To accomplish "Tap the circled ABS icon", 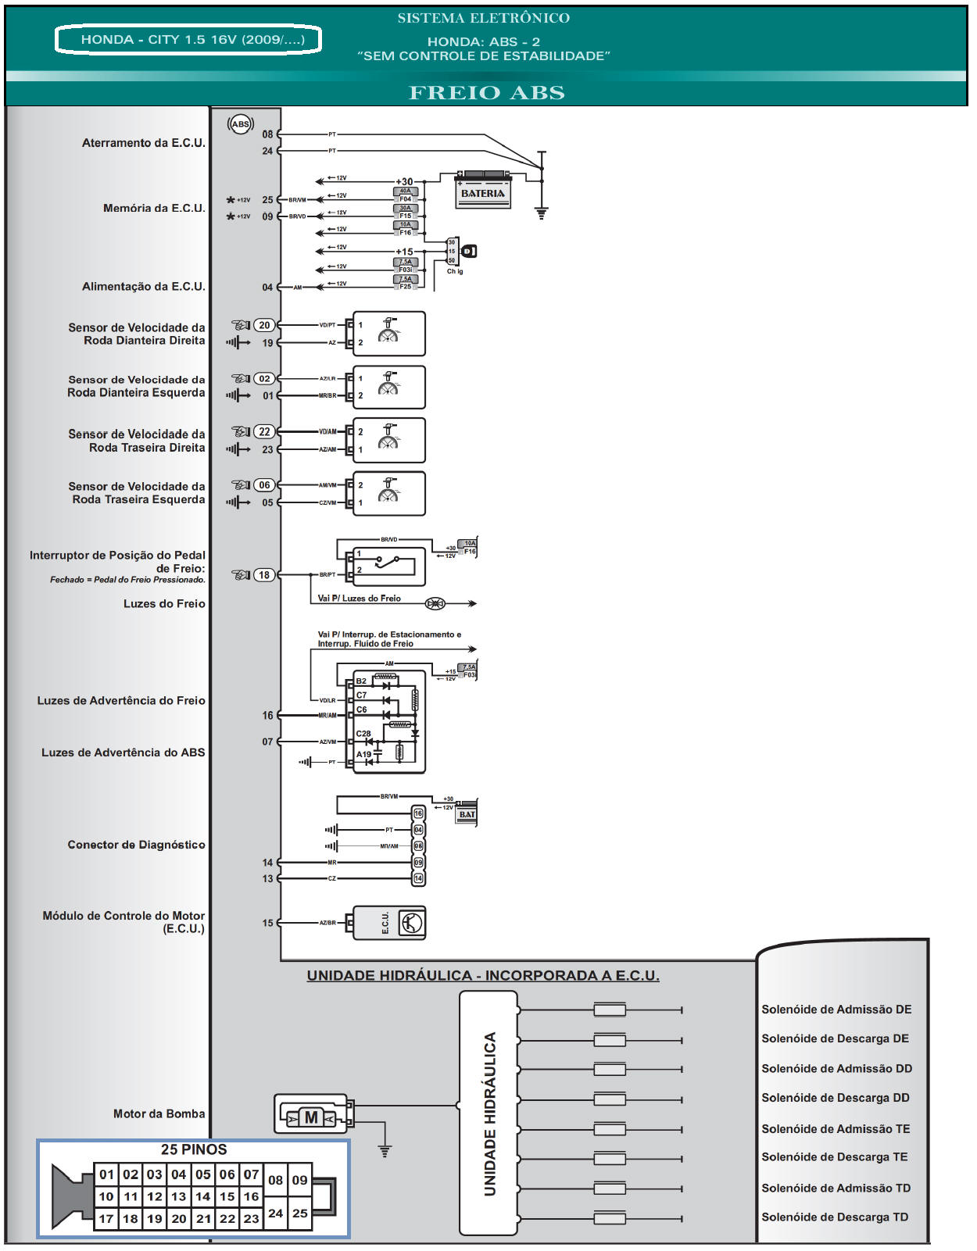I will (x=240, y=123).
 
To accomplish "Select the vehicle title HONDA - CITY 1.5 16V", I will (x=188, y=40).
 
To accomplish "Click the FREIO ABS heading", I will (x=486, y=92).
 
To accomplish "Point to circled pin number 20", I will (x=264, y=325).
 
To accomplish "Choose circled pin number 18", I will (x=264, y=575).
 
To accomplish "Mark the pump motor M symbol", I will (x=311, y=1117).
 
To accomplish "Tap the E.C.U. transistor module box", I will (x=389, y=923).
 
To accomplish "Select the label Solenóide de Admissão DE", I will (x=836, y=1010).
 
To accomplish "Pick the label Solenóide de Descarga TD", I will (x=835, y=1217).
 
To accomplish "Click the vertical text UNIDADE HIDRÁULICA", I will (x=490, y=1114).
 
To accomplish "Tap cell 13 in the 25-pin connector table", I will (x=179, y=1196).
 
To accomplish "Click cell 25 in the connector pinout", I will (x=300, y=1213).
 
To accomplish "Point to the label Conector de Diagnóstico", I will (x=136, y=845).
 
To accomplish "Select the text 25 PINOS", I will (x=194, y=1149).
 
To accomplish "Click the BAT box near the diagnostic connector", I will (x=467, y=814).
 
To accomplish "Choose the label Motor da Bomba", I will (x=159, y=1113).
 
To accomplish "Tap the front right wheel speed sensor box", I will (x=389, y=334).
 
